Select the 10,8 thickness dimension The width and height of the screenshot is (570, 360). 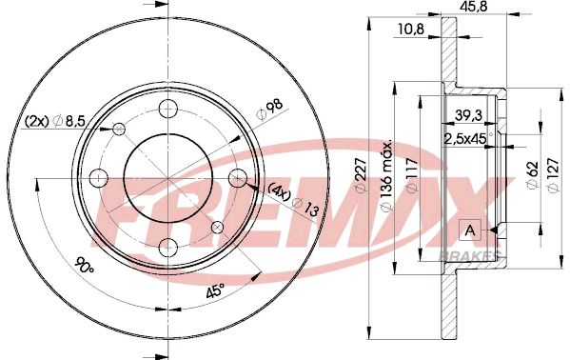tap(411, 30)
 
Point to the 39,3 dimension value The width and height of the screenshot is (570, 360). tap(468, 115)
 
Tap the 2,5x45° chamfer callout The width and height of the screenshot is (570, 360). tap(468, 139)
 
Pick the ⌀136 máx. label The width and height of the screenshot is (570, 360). tap(386, 174)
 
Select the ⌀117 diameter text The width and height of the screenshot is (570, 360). tap(413, 174)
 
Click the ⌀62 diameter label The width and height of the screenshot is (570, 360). tap(533, 174)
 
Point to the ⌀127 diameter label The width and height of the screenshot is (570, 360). tap(553, 174)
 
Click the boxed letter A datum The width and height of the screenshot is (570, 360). tap(470, 230)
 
